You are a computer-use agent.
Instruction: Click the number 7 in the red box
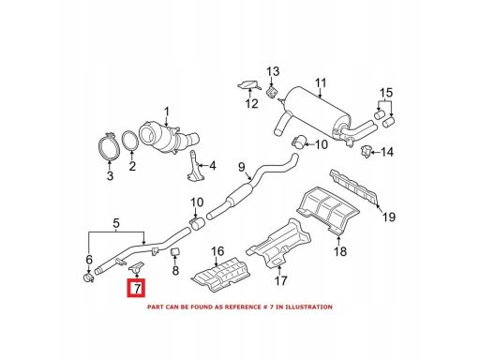point(137,289)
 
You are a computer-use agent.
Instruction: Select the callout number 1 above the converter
point(167,112)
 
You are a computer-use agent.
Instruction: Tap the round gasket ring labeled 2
point(129,142)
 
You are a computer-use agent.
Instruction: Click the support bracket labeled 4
point(195,169)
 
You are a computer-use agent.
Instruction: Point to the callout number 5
point(116,223)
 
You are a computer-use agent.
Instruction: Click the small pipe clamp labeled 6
point(89,277)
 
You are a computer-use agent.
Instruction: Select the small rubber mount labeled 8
point(175,251)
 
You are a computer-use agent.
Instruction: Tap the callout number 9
point(242,167)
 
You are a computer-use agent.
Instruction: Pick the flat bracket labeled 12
point(249,85)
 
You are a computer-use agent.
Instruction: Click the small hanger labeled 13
point(271,92)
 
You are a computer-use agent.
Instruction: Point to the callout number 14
point(387,152)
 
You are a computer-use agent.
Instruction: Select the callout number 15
point(386,93)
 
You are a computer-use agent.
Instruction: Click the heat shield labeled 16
point(221,274)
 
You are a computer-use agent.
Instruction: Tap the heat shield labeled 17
point(278,245)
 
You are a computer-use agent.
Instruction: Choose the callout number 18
point(340,251)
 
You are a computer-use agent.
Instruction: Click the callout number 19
point(389,217)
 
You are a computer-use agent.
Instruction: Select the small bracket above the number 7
point(137,267)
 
